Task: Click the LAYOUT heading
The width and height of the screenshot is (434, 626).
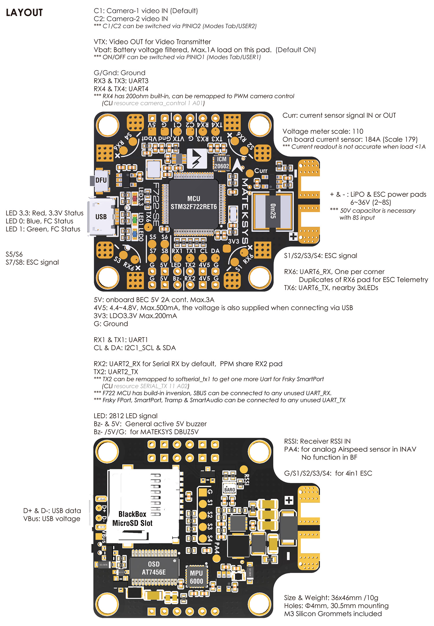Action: (24, 13)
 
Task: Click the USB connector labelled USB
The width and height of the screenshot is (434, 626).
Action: (101, 217)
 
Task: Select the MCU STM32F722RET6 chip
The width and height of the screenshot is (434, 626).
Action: (194, 203)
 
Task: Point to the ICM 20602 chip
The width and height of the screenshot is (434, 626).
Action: (222, 163)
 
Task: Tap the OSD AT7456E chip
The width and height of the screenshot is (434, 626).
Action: (154, 568)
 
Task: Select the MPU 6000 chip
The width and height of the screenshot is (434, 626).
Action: (196, 577)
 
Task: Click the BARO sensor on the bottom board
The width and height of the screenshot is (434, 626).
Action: (230, 489)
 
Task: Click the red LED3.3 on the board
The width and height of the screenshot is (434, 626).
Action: (134, 198)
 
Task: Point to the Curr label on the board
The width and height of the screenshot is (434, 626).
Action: (261, 171)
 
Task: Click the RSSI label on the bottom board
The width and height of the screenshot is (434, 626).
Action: (246, 479)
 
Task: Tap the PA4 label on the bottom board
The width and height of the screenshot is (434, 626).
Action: (216, 548)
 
